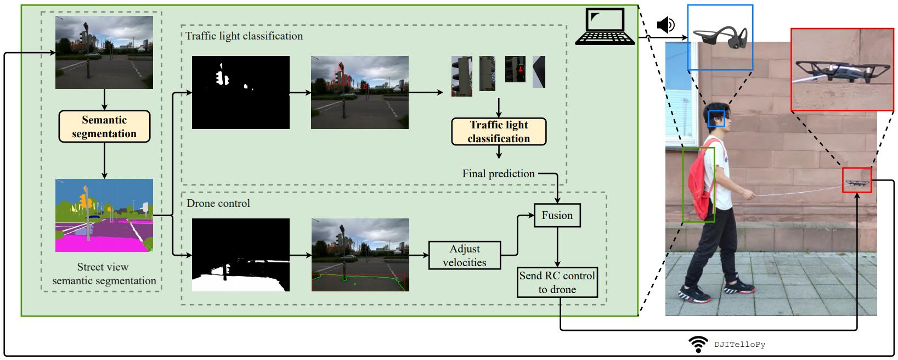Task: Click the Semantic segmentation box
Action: pos(104,127)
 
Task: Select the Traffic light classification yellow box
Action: pos(499,132)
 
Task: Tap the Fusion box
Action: pos(557,216)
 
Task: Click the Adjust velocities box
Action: pos(465,256)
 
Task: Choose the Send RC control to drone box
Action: pos(557,283)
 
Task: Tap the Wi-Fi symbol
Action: pos(698,345)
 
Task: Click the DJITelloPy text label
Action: pos(739,345)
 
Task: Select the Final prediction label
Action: pos(498,174)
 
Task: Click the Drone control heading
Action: pos(218,204)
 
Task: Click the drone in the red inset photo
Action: pos(833,70)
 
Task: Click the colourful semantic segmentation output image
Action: pos(104,215)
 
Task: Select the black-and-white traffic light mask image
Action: pos(240,92)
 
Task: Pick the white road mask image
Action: pos(240,255)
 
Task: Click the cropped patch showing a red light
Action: pos(515,69)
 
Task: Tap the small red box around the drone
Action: pos(857,180)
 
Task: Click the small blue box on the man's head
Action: pos(716,119)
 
